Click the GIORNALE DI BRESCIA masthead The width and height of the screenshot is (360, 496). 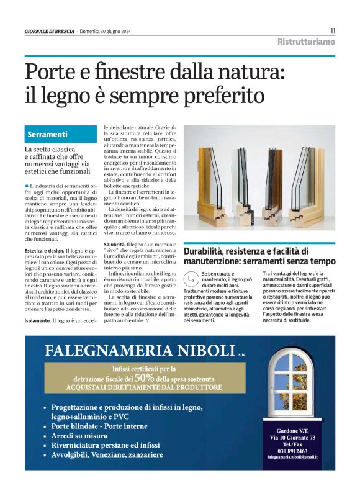click(x=49, y=31)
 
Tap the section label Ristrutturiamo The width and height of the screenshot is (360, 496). click(x=306, y=42)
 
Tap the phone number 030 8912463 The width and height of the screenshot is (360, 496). click(x=292, y=451)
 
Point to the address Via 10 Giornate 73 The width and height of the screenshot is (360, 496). click(x=292, y=438)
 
